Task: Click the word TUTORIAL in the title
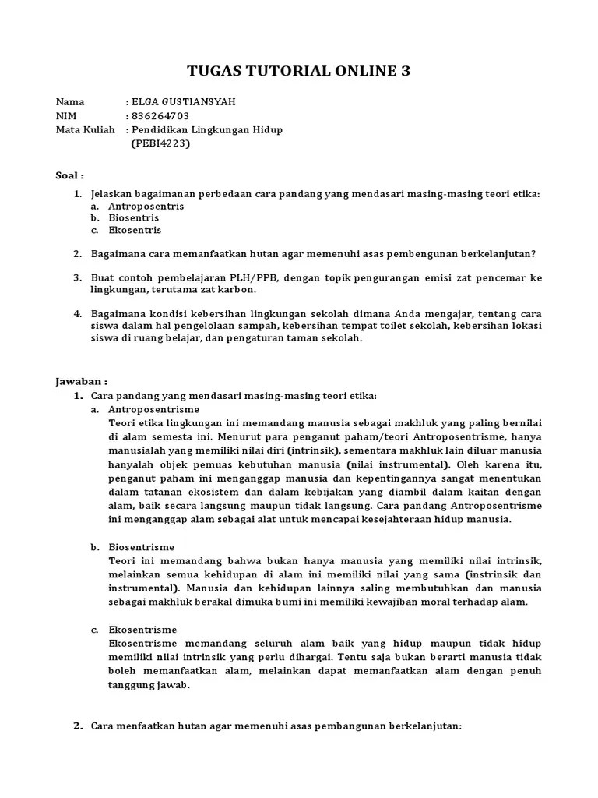coord(294,72)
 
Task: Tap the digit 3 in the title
coord(403,72)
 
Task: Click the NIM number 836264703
coord(160,115)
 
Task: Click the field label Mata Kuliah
coord(85,129)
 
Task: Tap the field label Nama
coord(69,101)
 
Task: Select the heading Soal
coord(69,175)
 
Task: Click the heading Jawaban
coord(80,382)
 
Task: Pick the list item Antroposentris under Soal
coord(146,206)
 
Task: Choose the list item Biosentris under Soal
coord(133,218)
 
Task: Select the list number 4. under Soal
coord(77,313)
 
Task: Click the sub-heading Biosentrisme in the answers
coord(141,547)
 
